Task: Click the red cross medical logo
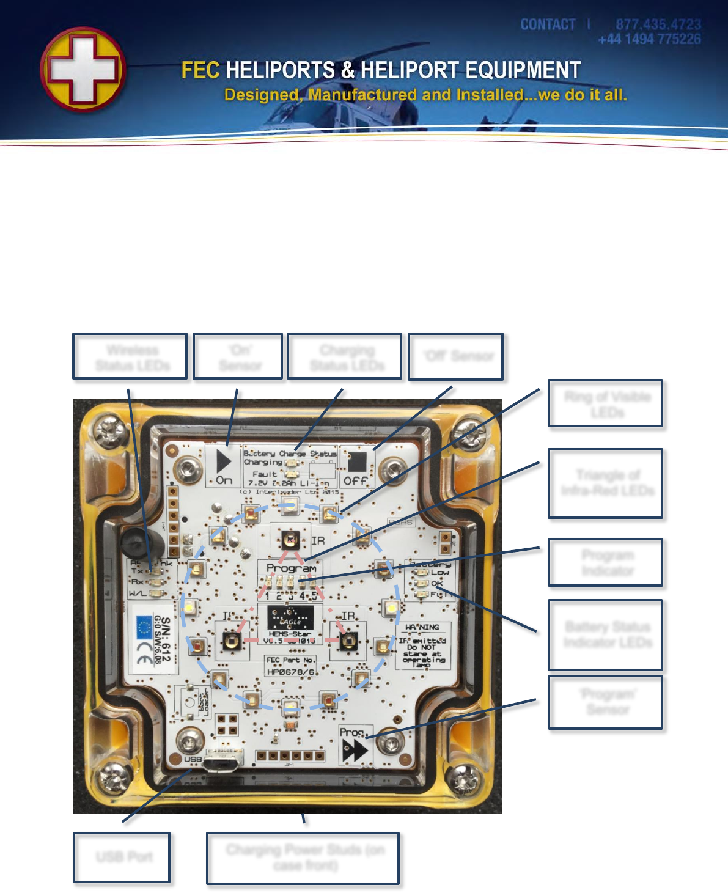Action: [83, 69]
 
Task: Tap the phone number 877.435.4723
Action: [658, 24]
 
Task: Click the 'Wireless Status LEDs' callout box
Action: [130, 357]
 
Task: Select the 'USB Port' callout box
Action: [122, 857]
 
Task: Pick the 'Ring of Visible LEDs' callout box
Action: [606, 403]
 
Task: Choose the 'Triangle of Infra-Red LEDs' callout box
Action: [606, 483]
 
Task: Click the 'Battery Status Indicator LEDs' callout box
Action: [606, 634]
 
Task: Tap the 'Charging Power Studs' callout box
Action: [303, 858]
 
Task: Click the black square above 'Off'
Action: [357, 461]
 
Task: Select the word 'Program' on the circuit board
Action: [292, 568]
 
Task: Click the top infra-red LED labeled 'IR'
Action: [290, 540]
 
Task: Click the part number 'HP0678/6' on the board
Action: [291, 672]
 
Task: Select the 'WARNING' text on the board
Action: [422, 627]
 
